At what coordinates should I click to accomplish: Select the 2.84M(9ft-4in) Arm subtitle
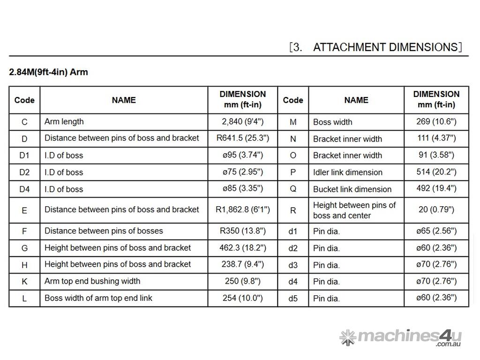pos(49,72)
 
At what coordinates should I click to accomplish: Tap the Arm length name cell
pos(64,122)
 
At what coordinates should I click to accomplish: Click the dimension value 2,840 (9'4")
pos(242,122)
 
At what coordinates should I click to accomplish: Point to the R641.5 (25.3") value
pos(242,138)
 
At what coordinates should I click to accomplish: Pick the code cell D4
pos(24,189)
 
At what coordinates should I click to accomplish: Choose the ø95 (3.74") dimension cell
pos(242,155)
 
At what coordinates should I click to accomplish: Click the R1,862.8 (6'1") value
pos(242,210)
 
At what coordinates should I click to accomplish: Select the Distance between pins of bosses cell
pos(104,231)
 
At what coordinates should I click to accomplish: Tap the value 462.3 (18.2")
pos(242,248)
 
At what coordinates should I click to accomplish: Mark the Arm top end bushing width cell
pos(92,281)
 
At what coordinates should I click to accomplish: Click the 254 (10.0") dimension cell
pos(242,298)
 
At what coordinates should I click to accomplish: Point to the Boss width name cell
pos(332,122)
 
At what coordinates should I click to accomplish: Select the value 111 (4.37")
pos(436,138)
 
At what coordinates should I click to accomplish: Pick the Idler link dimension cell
pos(347,172)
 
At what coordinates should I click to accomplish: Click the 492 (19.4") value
pos(436,189)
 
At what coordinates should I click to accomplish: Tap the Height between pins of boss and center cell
pos(354,210)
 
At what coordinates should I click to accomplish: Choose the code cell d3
pos(293,265)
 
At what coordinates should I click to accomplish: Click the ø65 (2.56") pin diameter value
pos(436,231)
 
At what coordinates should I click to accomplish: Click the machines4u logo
pos(401,337)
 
